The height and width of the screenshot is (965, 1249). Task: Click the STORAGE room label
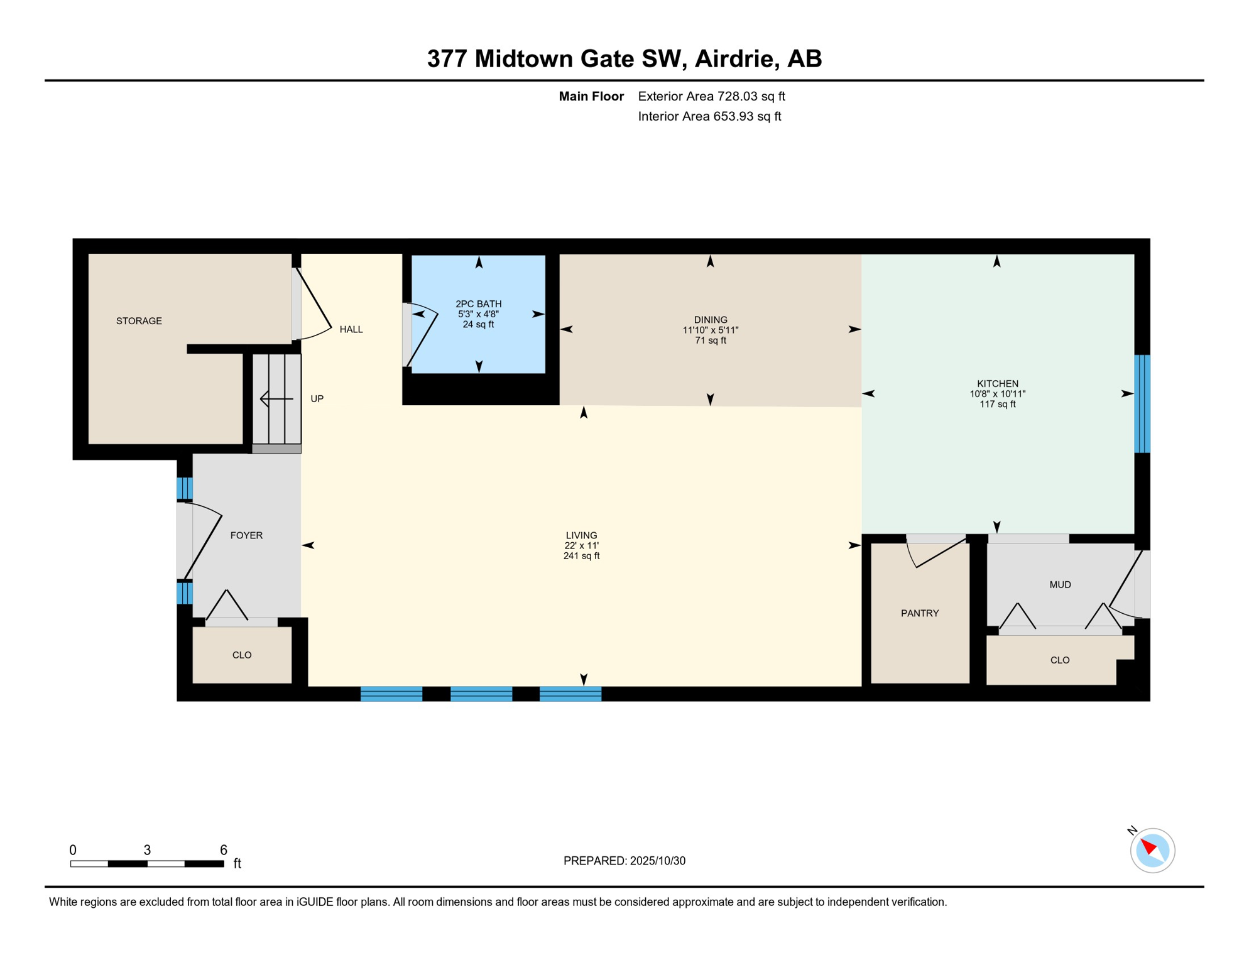[x=139, y=321]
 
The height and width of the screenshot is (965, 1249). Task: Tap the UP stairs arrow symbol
[x=276, y=399]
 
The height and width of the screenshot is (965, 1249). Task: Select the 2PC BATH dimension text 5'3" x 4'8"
[x=478, y=314]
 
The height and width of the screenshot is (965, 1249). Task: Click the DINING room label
[x=711, y=320]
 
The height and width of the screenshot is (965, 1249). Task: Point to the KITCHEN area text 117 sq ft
[x=997, y=404]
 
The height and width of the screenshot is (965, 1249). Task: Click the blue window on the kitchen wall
[x=1142, y=404]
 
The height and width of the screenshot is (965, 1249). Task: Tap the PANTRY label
[x=920, y=613]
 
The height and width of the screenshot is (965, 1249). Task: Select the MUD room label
[x=1060, y=585]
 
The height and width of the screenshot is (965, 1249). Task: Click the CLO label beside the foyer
[x=242, y=655]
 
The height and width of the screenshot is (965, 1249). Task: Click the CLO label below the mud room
[x=1060, y=660]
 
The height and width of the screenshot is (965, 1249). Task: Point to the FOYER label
[x=246, y=535]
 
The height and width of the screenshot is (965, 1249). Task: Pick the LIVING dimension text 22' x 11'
[x=581, y=546]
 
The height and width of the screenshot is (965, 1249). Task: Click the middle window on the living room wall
[x=481, y=694]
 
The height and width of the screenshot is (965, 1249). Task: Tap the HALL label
[x=351, y=329]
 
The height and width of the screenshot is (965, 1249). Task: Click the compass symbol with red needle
[x=1152, y=851]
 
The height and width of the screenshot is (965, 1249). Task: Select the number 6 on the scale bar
[x=223, y=850]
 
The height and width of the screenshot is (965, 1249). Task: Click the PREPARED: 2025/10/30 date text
[x=624, y=861]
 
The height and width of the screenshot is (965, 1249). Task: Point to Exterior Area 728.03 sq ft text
[x=711, y=96]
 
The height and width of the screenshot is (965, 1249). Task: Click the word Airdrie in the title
[x=734, y=58]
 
